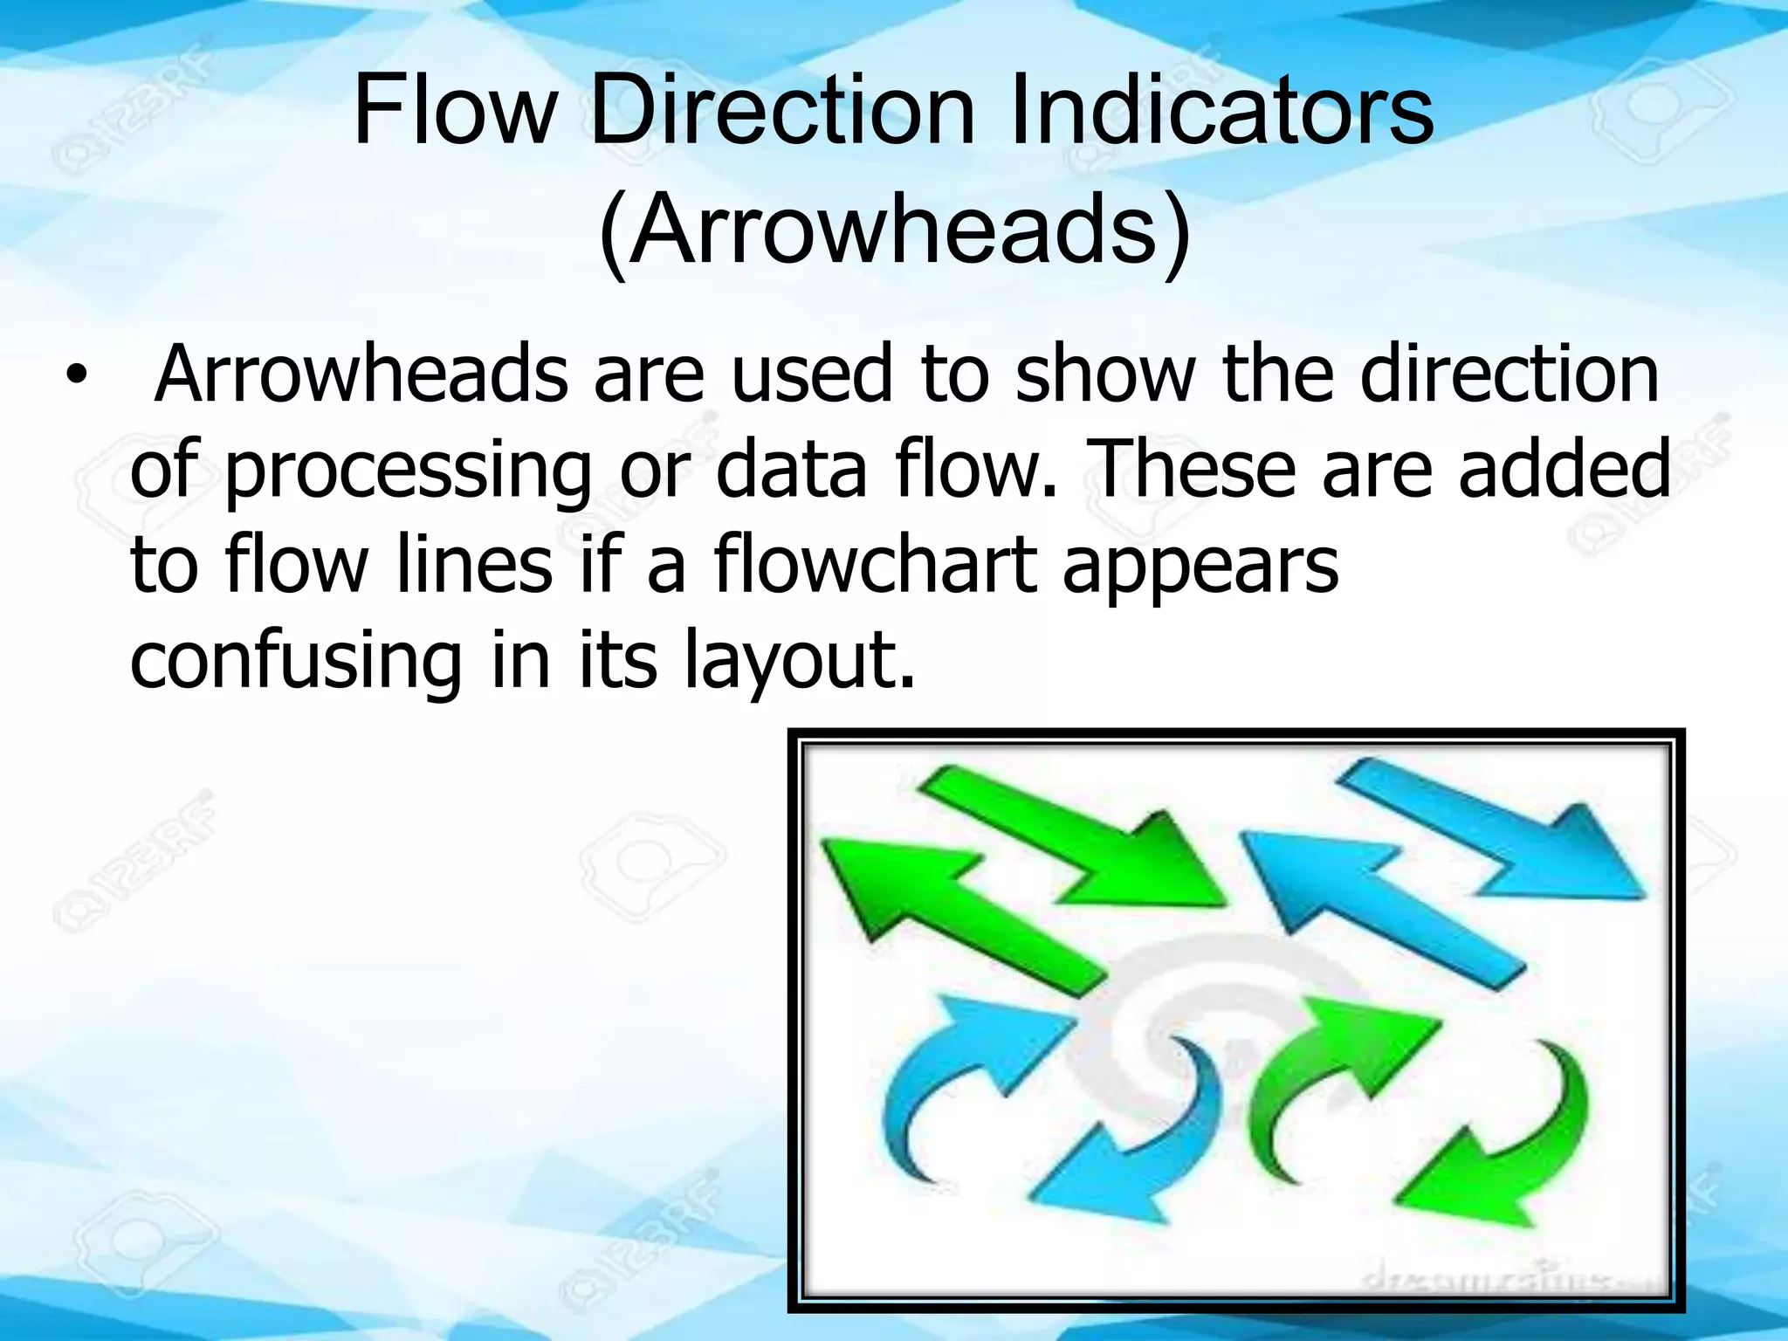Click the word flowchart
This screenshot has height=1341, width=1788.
tap(875, 565)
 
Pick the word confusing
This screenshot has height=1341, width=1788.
tap(295, 661)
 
